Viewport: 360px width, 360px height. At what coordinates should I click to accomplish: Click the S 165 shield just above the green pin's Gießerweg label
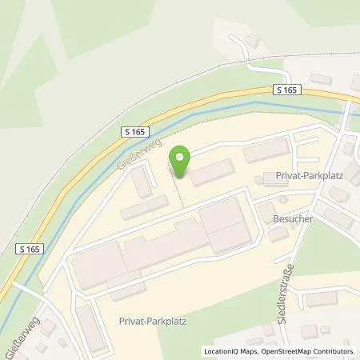click(x=135, y=130)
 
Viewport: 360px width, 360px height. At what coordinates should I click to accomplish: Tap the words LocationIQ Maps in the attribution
click(x=225, y=351)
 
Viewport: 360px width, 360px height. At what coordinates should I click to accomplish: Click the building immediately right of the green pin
click(x=212, y=171)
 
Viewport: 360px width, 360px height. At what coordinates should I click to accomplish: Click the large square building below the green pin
click(x=224, y=224)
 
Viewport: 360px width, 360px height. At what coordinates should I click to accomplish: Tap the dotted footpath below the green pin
click(x=181, y=192)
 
